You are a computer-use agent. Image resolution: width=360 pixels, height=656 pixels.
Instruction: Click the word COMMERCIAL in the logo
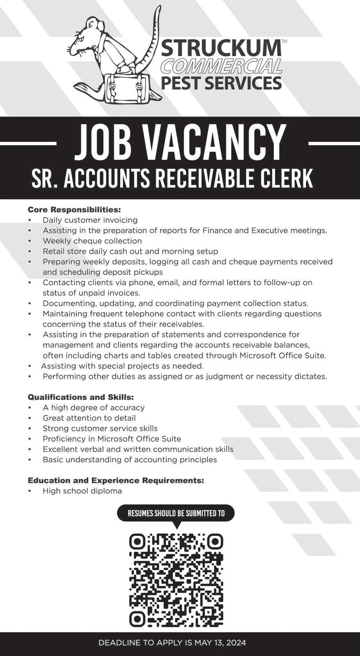tap(221, 66)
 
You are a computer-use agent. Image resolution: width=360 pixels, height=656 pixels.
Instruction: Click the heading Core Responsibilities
tap(74, 210)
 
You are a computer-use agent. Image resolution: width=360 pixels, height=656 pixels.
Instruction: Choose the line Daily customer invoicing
tap(90, 220)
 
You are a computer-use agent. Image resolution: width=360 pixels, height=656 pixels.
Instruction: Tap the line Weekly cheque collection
tap(92, 241)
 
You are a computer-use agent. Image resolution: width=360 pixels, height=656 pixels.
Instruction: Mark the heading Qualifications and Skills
tap(81, 397)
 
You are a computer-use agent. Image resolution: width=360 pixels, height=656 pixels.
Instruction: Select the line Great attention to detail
tap(89, 418)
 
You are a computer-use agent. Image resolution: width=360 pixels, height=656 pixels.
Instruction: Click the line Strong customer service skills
tap(100, 428)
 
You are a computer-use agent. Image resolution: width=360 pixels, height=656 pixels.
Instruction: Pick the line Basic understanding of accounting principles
tap(130, 460)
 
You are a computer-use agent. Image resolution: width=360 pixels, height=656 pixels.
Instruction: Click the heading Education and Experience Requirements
tap(116, 480)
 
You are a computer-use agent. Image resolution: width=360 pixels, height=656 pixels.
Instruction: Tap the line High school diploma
tap(82, 491)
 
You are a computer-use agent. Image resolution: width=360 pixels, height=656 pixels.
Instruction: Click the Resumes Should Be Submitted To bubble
tap(176, 513)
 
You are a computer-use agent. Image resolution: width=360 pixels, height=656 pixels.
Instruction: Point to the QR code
tap(176, 580)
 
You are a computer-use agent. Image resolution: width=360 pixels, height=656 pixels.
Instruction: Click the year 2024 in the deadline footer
tap(235, 643)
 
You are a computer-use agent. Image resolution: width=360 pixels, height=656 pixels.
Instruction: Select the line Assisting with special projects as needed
tap(122, 366)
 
